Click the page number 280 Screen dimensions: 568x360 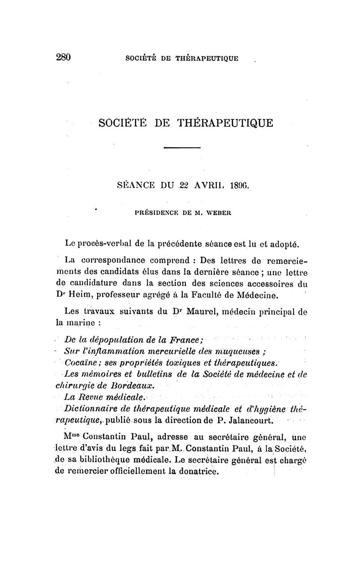(63, 57)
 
